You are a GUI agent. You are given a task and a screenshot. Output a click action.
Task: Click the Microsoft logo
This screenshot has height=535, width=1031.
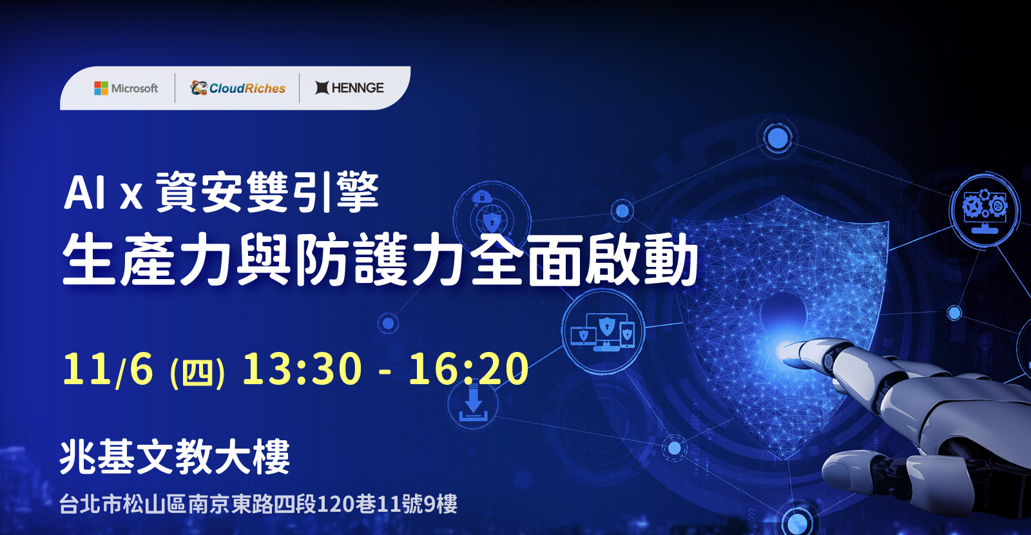click(x=126, y=88)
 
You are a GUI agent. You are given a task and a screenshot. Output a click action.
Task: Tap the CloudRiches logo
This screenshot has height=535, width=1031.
click(x=238, y=88)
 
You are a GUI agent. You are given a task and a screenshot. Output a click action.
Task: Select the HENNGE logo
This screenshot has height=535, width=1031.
click(x=349, y=88)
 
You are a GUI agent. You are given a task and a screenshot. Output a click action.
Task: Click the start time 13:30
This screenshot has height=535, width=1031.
click(x=302, y=368)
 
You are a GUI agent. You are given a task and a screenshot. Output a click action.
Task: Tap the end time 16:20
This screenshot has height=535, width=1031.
click(x=468, y=368)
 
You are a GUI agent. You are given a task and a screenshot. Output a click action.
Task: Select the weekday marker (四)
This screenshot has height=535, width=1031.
click(x=197, y=373)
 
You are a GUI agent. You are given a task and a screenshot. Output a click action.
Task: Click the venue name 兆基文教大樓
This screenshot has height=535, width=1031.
click(x=175, y=456)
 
